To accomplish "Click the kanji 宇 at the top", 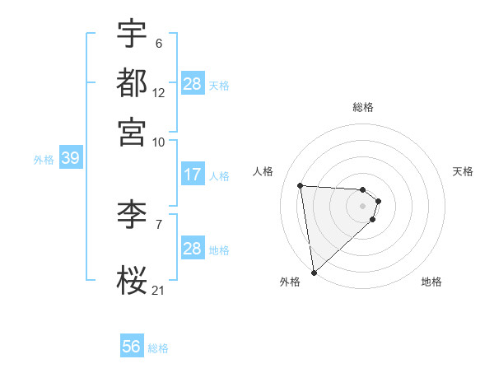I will [132, 35].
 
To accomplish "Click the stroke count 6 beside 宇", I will [158, 44].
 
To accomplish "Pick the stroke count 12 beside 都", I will [158, 92].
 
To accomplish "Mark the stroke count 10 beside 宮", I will [158, 141].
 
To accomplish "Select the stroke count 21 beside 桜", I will [158, 289].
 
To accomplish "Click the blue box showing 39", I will [70, 159].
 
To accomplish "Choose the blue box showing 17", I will [193, 175].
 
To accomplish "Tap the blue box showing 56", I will [132, 347].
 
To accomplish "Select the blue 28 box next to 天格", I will [193, 84].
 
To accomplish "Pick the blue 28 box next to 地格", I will [193, 249].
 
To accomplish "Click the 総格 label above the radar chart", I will [363, 108].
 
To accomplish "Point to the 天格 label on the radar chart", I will [463, 171].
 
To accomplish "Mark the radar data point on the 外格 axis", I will [314, 272].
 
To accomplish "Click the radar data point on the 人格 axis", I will [301, 185].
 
